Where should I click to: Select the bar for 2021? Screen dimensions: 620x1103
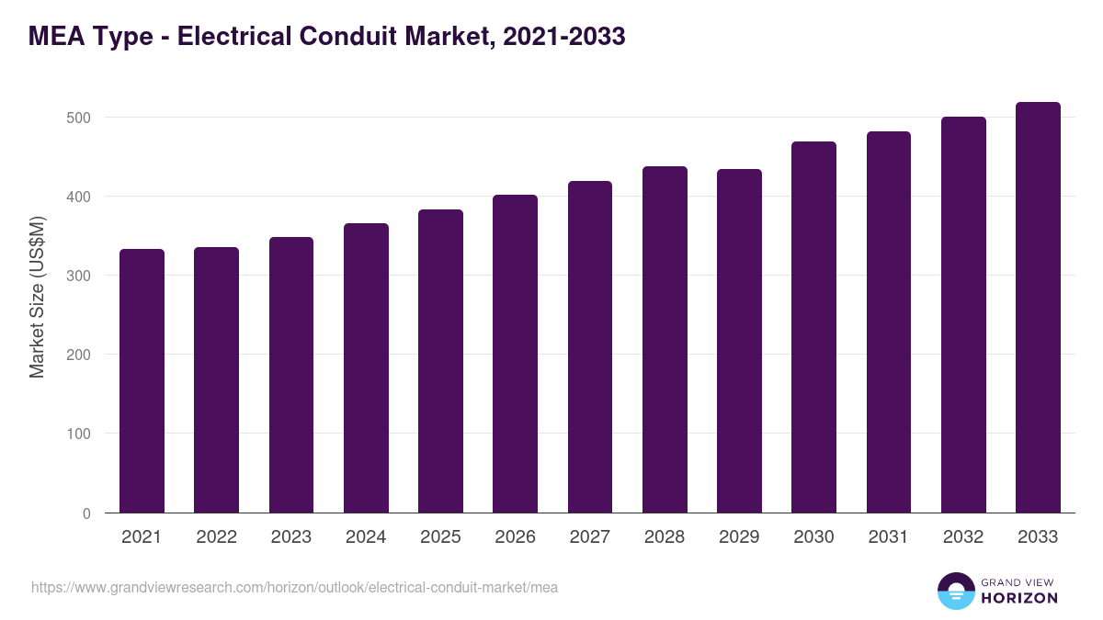(142, 381)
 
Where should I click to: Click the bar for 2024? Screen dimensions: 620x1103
(366, 367)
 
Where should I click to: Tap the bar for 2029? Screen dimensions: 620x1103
(739, 341)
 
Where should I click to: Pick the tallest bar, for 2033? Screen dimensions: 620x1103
(1038, 308)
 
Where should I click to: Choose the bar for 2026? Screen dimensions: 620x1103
(515, 354)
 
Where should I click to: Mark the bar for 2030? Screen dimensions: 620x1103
(813, 327)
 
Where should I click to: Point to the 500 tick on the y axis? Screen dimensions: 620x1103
(79, 118)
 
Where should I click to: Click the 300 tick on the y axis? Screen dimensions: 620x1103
(79, 276)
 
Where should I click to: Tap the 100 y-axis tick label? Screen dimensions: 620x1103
(79, 434)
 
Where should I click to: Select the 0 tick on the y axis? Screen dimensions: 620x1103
(86, 513)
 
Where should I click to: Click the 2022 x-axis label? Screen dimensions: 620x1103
(216, 537)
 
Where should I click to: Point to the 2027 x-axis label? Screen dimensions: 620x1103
(589, 537)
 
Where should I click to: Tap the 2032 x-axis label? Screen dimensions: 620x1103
(963, 537)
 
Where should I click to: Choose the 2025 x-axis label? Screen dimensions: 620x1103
(440, 537)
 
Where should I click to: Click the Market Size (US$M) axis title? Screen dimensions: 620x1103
(37, 296)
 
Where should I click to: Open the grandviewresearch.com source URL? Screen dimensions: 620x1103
(294, 587)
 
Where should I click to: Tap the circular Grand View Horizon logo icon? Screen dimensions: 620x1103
(955, 591)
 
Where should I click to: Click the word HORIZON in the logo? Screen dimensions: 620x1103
(1019, 598)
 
